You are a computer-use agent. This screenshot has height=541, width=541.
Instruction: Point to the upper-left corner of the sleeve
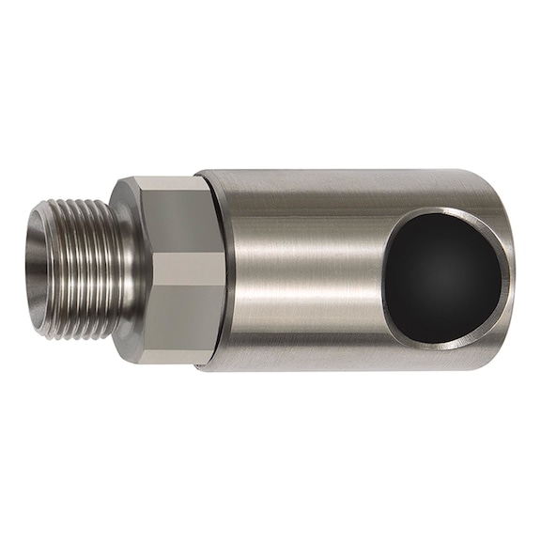199,175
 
